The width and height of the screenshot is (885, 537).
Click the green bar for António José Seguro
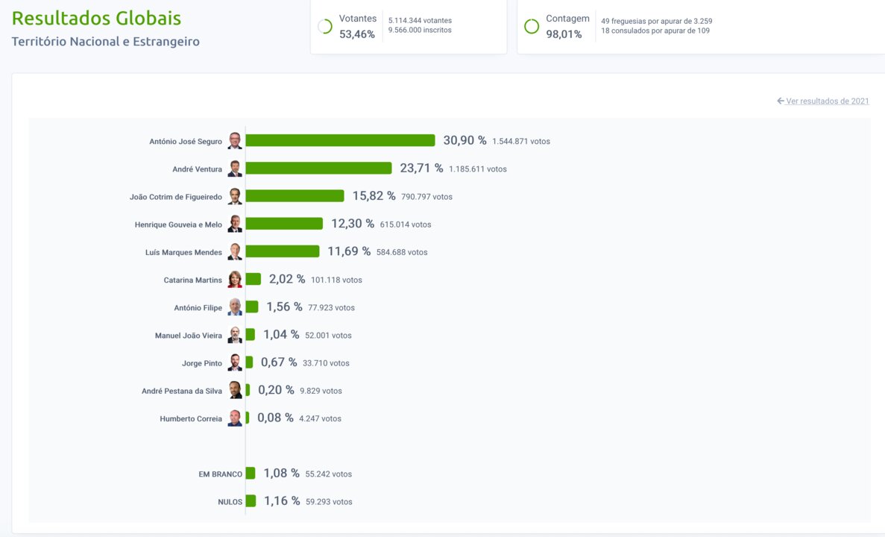click(340, 140)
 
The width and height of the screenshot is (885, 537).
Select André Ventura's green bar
click(318, 169)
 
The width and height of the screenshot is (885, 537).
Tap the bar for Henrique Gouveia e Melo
click(284, 224)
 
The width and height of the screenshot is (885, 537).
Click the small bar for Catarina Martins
click(253, 279)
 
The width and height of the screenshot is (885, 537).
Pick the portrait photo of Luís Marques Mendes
click(235, 252)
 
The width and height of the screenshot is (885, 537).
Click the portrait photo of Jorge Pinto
click(235, 362)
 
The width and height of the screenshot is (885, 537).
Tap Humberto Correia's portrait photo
click(235, 418)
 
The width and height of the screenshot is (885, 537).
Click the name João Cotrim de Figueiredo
click(176, 197)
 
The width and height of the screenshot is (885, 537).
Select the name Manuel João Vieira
click(189, 336)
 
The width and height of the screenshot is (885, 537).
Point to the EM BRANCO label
click(221, 474)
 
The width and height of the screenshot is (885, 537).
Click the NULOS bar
click(251, 501)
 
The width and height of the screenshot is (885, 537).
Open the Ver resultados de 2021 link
click(827, 101)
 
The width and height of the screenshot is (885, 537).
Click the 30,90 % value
click(464, 140)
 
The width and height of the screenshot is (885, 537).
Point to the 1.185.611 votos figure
click(478, 169)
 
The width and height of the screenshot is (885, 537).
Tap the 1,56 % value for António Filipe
click(284, 307)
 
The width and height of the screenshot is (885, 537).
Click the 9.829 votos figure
click(321, 391)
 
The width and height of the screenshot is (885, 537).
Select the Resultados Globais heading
click(96, 19)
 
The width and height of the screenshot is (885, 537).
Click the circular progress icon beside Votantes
click(325, 26)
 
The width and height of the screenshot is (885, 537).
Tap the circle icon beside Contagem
click(532, 26)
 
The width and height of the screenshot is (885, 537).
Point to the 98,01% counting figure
click(564, 34)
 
